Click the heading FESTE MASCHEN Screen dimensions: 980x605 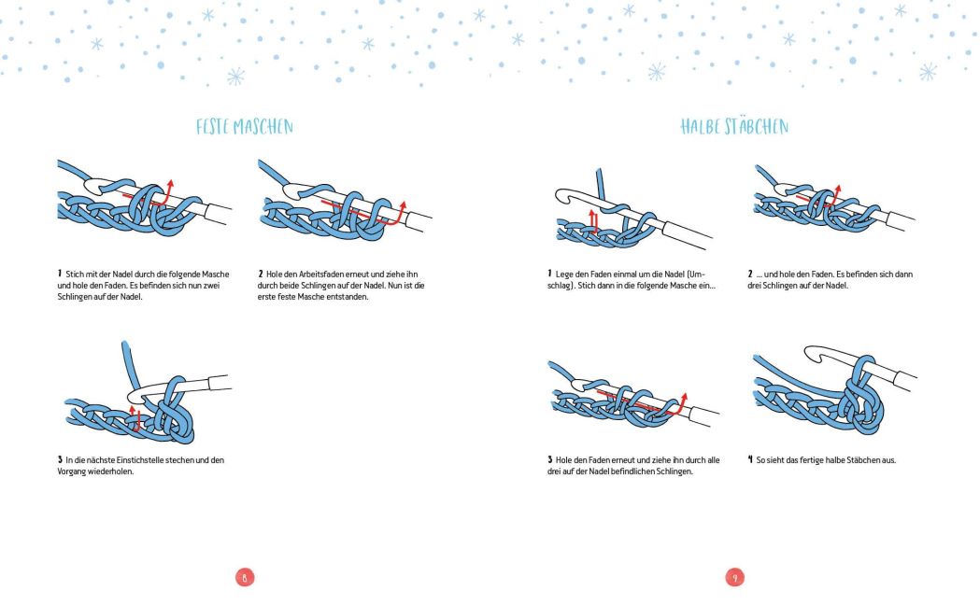coord(245,127)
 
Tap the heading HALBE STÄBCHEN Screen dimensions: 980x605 coord(734,126)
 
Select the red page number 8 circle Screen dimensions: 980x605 coord(245,578)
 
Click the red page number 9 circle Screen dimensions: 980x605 coord(735,578)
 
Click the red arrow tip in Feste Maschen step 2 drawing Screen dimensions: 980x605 coord(404,203)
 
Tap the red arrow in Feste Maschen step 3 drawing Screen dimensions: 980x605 coord(135,418)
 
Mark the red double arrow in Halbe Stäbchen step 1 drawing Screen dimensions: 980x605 coord(594,221)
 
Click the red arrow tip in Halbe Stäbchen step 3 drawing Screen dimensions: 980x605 coord(685,395)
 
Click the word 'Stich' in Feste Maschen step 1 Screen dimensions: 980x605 coord(74,274)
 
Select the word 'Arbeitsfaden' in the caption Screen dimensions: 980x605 coord(320,274)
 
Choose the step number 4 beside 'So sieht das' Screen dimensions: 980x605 coord(750,459)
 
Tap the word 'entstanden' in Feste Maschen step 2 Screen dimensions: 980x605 coord(348,297)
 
